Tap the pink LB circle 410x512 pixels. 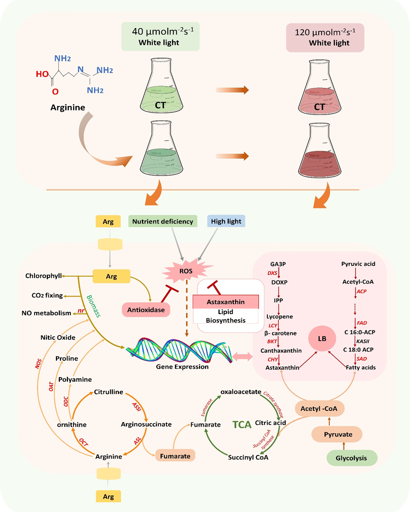pyautogui.click(x=321, y=338)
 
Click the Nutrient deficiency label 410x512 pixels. pyautogui.click(x=163, y=221)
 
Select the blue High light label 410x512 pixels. pyautogui.click(x=227, y=221)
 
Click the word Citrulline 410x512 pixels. pyautogui.click(x=108, y=392)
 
